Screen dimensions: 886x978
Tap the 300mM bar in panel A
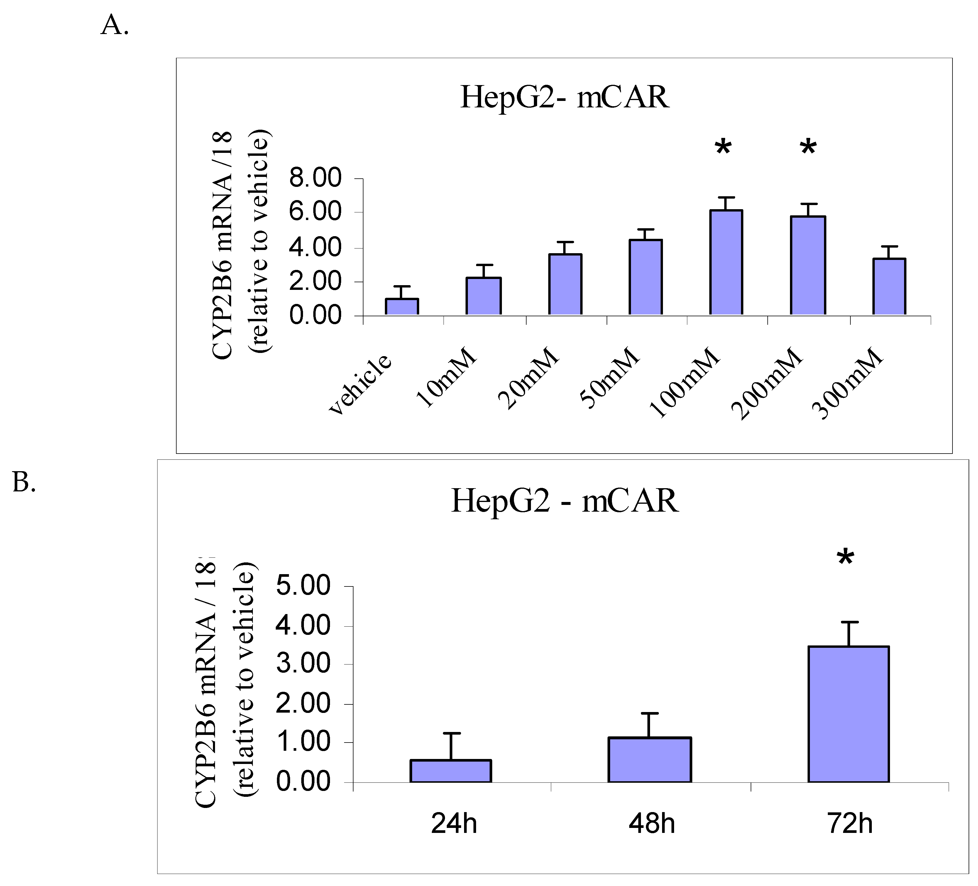tap(889, 286)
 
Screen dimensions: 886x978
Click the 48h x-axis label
tap(652, 824)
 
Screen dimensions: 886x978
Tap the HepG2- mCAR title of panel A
tap(564, 97)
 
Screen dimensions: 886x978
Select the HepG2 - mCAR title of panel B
tap(564, 501)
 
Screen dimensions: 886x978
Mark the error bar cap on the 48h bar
tap(649, 713)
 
